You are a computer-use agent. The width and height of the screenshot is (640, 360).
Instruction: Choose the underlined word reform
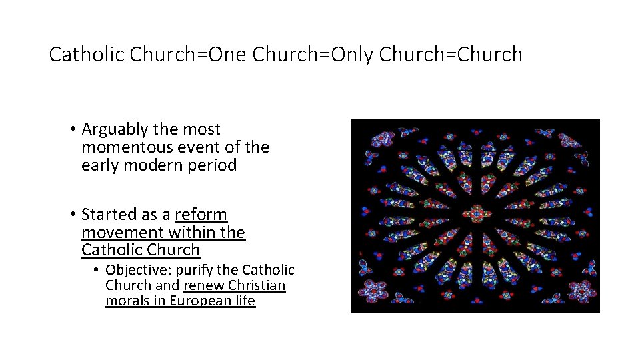[x=201, y=215]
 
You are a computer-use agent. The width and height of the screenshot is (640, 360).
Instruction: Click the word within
[x=192, y=233]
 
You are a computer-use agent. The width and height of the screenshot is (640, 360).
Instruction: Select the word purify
[x=194, y=270]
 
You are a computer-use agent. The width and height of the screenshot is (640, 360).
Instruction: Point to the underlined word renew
[x=203, y=285]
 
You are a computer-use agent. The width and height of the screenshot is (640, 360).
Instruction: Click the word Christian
[x=257, y=285]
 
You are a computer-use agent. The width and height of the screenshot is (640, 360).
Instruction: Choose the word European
[x=198, y=301]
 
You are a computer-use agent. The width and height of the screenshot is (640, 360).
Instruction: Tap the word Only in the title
[x=352, y=55]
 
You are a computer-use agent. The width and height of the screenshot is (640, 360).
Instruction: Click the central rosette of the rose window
[x=475, y=214]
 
